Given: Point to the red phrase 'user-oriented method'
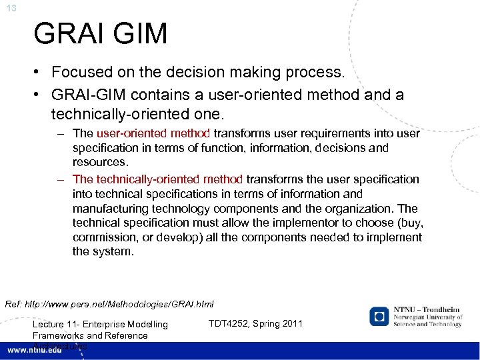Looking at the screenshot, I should (x=153, y=133).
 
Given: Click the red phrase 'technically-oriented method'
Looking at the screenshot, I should (x=169, y=179).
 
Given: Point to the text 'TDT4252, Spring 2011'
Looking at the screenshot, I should (x=255, y=323).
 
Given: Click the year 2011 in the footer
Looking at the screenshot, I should (x=291, y=323).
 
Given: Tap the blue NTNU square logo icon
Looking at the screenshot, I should (x=379, y=316).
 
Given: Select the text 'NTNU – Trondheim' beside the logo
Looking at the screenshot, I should (x=427, y=311).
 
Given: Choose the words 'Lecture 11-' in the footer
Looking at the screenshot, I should (x=58, y=325).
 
